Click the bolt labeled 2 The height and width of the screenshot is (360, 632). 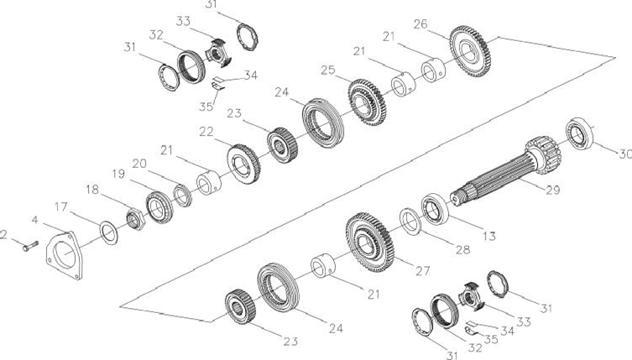point(30,246)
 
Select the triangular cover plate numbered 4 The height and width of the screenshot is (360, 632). point(65,255)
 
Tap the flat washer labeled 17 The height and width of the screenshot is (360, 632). point(108,233)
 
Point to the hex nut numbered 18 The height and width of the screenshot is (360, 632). point(135,219)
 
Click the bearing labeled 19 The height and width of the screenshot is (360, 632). point(159,207)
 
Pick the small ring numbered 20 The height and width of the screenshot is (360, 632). point(182,196)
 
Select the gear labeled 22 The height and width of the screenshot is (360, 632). point(243,164)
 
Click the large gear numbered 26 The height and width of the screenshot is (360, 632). point(470,51)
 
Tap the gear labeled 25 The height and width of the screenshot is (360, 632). point(367,102)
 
